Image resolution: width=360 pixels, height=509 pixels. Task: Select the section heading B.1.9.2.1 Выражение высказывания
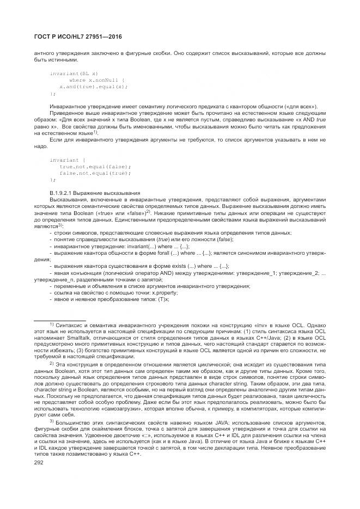click(x=95, y=193)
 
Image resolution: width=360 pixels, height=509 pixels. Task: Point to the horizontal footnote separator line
click(x=60, y=321)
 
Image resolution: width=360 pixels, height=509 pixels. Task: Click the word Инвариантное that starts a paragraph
click(x=68, y=106)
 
